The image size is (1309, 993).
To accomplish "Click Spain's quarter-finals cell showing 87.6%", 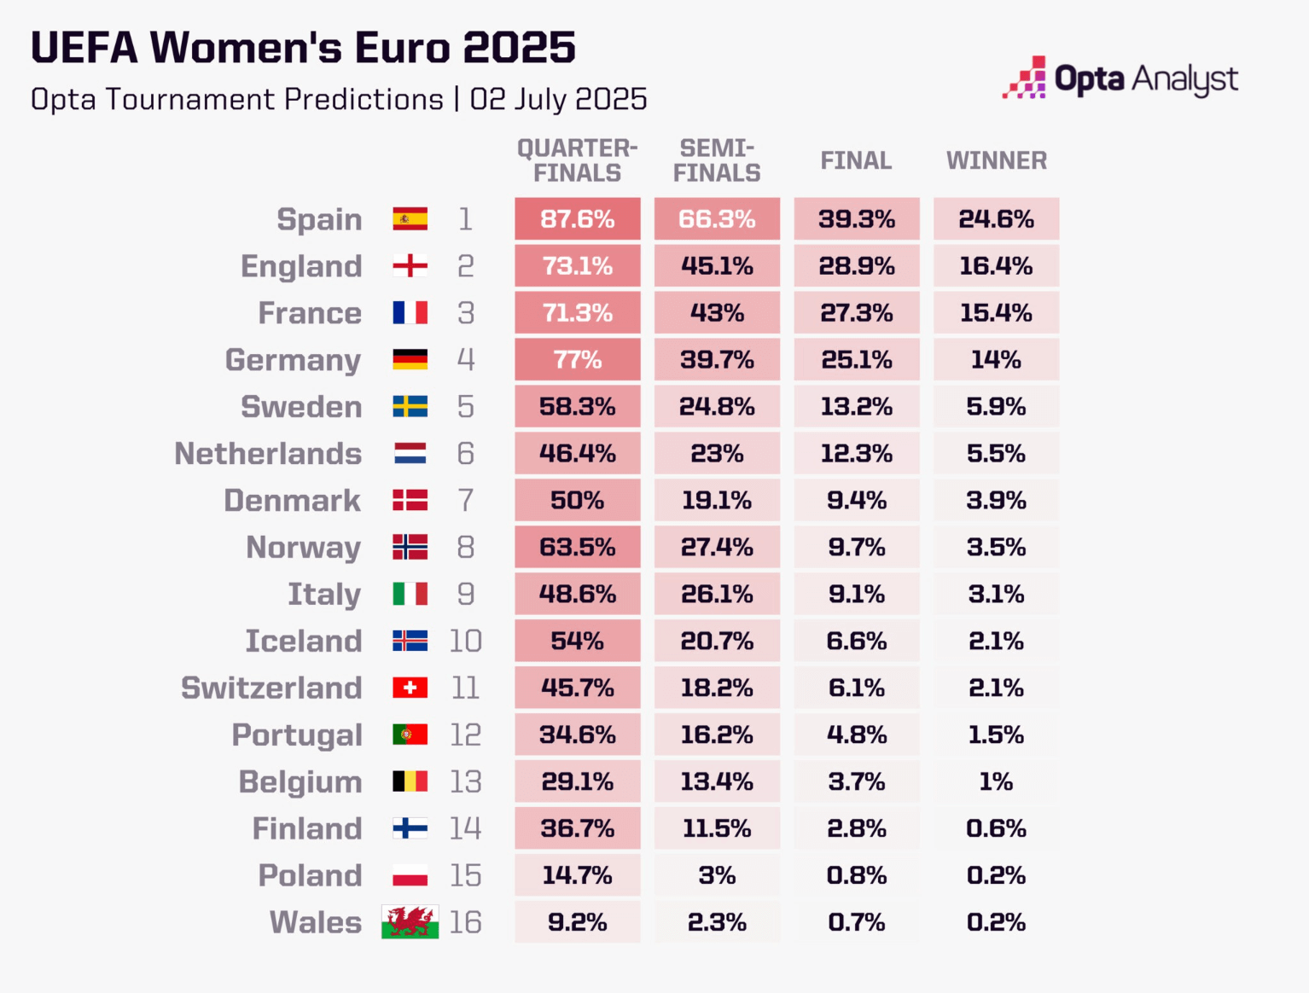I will (577, 219).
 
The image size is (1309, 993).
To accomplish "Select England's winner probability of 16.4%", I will (996, 266).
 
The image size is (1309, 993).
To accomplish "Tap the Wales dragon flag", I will (410, 922).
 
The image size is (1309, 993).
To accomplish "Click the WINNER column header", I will (996, 160).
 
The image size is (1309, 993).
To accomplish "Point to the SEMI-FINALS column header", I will (717, 160).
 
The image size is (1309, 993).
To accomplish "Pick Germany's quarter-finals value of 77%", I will (577, 360).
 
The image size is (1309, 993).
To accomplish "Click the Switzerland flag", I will (410, 688).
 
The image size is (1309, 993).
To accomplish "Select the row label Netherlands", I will (268, 454).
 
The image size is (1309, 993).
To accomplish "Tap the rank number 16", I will (465, 922).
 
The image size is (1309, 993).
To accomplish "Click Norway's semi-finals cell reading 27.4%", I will (717, 548).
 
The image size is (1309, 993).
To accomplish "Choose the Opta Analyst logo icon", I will (1024, 78).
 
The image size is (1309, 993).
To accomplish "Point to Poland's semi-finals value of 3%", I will (717, 875).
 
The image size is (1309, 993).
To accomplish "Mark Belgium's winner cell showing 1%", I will (996, 781).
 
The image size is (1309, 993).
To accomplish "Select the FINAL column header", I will (856, 160).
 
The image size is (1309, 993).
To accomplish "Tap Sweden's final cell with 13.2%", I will (856, 407).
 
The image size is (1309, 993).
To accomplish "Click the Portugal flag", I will (410, 735).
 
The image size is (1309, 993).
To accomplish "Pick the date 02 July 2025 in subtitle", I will (558, 100).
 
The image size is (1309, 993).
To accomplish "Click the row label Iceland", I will (304, 641).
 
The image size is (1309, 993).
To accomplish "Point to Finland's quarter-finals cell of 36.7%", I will (577, 828).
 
